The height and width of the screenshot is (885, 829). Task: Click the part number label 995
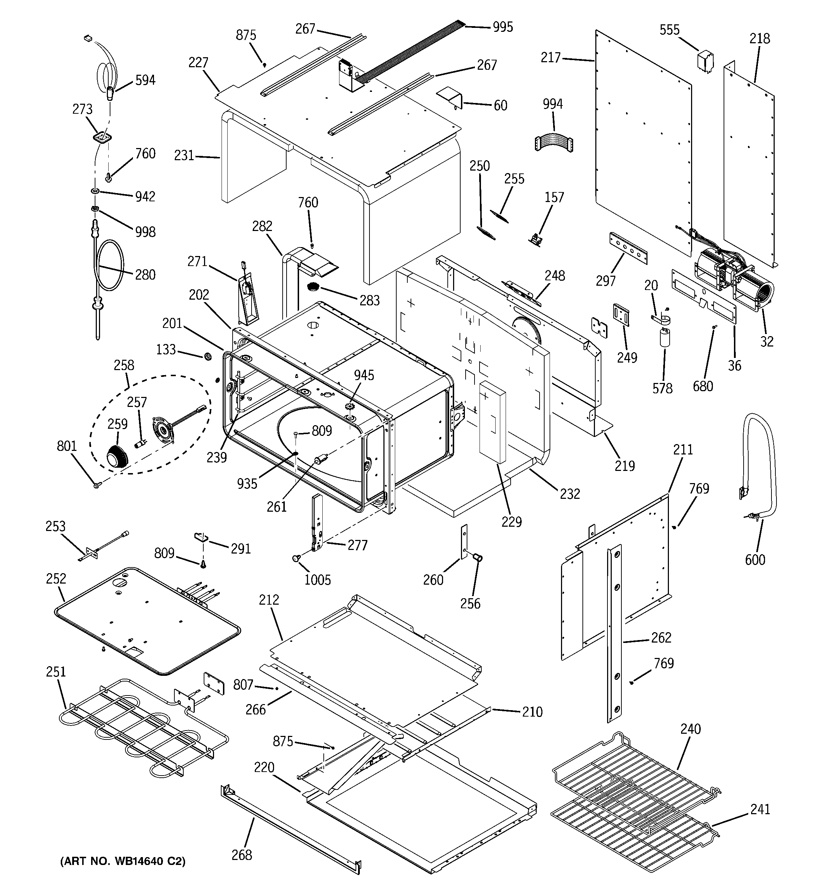[502, 27]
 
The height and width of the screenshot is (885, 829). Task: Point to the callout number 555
[669, 30]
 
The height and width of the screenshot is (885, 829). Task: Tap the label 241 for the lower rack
[760, 809]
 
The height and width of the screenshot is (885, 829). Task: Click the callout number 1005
[317, 580]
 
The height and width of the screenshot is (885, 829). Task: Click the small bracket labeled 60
[450, 98]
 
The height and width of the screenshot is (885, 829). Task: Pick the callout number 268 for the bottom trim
[242, 855]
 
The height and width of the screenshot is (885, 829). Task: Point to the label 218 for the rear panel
[760, 39]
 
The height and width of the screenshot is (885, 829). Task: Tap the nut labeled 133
[207, 356]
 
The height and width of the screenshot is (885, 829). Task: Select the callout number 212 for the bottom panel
[269, 600]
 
